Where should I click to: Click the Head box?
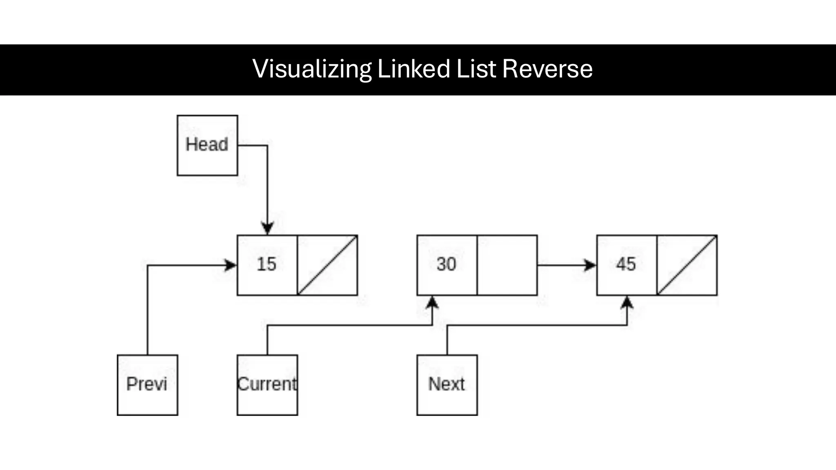click(207, 145)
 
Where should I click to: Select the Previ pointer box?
click(147, 385)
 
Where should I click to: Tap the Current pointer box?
click(267, 385)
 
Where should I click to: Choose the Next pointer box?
click(447, 385)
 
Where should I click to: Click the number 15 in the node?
click(267, 264)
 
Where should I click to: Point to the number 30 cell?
click(447, 264)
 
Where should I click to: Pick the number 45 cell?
click(626, 264)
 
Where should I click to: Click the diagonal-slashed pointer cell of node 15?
click(327, 265)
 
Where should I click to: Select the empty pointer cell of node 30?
click(507, 265)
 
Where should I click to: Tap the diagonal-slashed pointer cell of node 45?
click(687, 265)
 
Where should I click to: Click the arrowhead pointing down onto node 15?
click(267, 228)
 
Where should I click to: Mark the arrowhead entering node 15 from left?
click(231, 265)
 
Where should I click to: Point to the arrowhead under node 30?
click(432, 303)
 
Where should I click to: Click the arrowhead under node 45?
click(627, 303)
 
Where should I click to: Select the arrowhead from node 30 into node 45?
click(590, 265)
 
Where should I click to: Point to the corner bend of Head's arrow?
click(267, 145)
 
